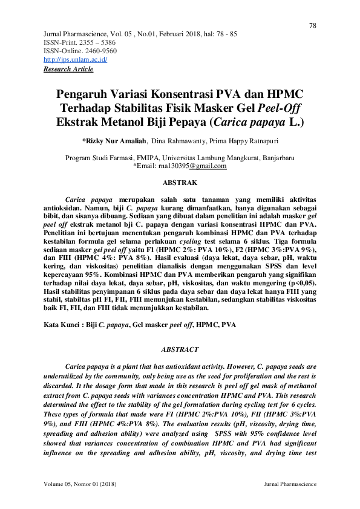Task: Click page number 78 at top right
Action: click(x=313, y=25)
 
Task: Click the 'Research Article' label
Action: click(x=68, y=70)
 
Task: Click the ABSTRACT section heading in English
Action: click(x=180, y=349)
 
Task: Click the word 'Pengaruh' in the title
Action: click(x=81, y=96)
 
